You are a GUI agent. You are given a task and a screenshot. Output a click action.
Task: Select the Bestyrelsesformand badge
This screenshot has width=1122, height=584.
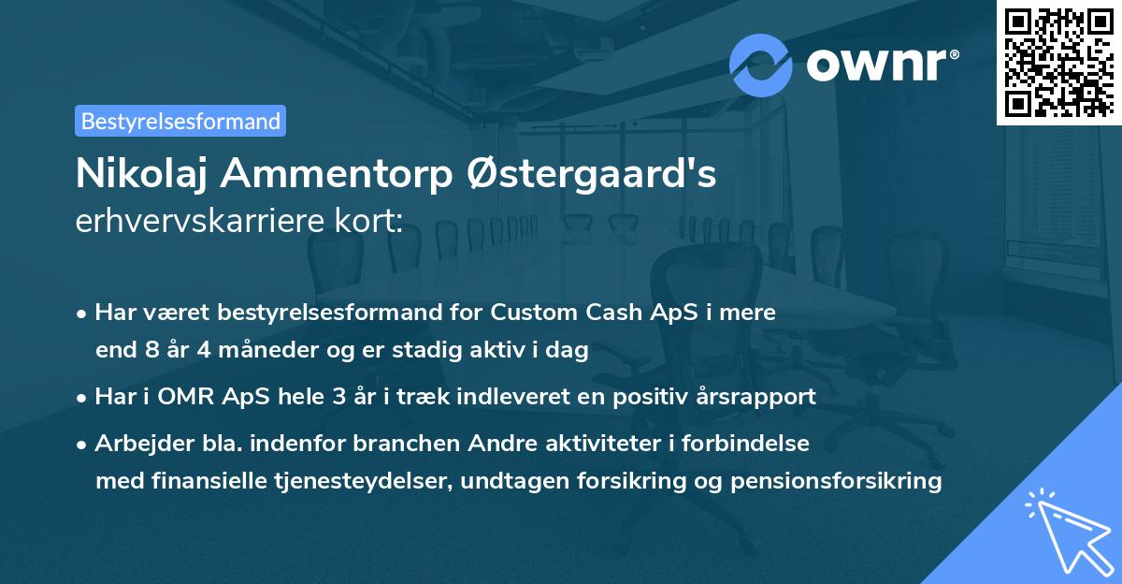click(180, 121)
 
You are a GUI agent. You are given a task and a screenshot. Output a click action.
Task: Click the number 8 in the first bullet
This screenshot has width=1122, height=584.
click(154, 351)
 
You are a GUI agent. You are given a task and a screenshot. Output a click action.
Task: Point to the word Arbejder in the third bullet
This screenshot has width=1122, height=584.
click(137, 443)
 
